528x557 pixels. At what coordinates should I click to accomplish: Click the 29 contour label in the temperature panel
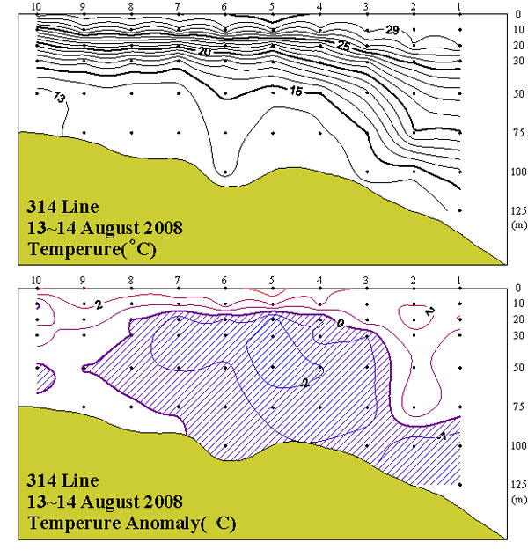[392, 30]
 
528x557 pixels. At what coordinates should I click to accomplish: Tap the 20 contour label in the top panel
[205, 53]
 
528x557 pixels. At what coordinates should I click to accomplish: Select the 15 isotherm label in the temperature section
[296, 91]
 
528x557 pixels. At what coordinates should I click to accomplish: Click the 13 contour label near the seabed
[60, 99]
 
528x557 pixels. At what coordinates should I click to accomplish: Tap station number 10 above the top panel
[36, 6]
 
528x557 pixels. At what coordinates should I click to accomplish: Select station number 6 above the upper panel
[224, 6]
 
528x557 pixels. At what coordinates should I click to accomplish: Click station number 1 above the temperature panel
[459, 6]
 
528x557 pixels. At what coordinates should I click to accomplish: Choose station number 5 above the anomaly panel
[272, 281]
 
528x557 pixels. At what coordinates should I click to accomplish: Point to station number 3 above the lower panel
[365, 281]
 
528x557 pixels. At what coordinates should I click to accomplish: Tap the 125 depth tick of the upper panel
[493, 210]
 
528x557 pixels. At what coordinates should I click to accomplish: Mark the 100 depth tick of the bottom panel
[493, 445]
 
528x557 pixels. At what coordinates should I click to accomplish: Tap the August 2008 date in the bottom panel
[127, 502]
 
